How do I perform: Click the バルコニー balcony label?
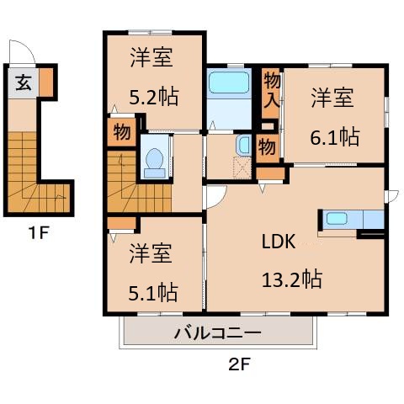[217, 332]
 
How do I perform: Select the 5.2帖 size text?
[154, 97]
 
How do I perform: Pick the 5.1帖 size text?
[152, 291]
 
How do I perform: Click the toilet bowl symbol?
[155, 162]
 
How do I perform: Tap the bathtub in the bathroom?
[229, 84]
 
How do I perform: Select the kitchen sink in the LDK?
[337, 220]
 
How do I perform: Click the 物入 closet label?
[271, 89]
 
